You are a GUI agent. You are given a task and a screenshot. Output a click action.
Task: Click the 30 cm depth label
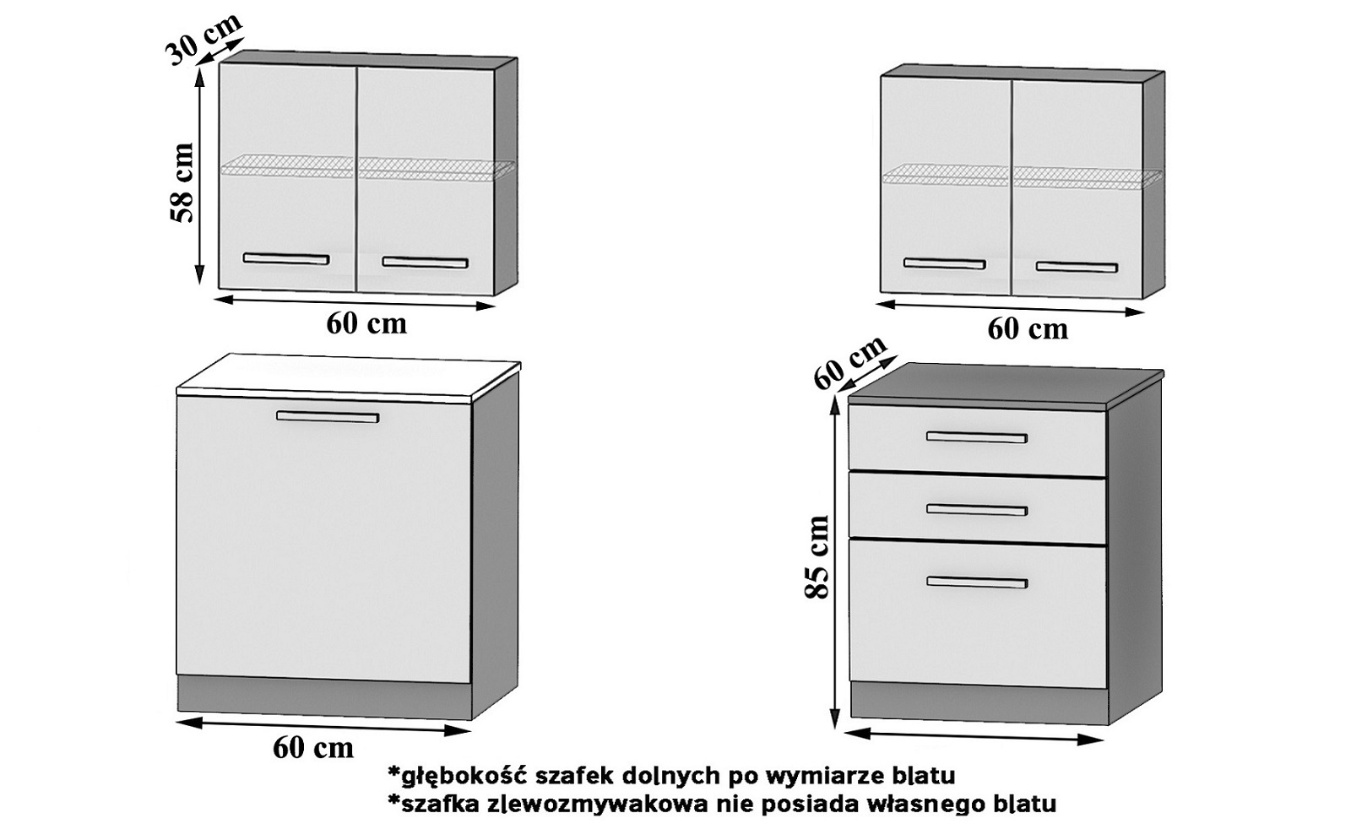[202, 39]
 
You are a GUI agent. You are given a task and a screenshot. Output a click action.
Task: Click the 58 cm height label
[182, 182]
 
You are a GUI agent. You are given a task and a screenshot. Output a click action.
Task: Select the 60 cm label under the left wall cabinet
[366, 323]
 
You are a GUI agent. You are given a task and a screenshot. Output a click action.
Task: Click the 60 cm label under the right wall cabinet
[1028, 328]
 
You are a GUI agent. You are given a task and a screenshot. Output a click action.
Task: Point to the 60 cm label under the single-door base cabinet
[313, 747]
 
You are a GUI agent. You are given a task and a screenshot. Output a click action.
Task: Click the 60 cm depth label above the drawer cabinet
[849, 362]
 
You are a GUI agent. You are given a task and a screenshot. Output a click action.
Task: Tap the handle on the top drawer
[976, 437]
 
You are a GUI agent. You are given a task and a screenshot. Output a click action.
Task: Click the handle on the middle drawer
[976, 509]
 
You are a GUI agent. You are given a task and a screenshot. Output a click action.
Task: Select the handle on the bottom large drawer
[976, 583]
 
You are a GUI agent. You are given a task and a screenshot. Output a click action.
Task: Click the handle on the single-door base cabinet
[328, 416]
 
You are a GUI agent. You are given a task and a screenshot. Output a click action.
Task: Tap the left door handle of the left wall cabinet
[285, 259]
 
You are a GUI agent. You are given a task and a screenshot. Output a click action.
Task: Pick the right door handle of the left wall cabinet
[425, 263]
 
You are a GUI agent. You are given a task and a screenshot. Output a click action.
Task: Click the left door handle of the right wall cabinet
[944, 264]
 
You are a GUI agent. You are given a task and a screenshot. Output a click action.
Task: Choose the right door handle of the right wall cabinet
[1077, 268]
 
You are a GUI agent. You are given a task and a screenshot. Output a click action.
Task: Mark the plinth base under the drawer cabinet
[978, 703]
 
